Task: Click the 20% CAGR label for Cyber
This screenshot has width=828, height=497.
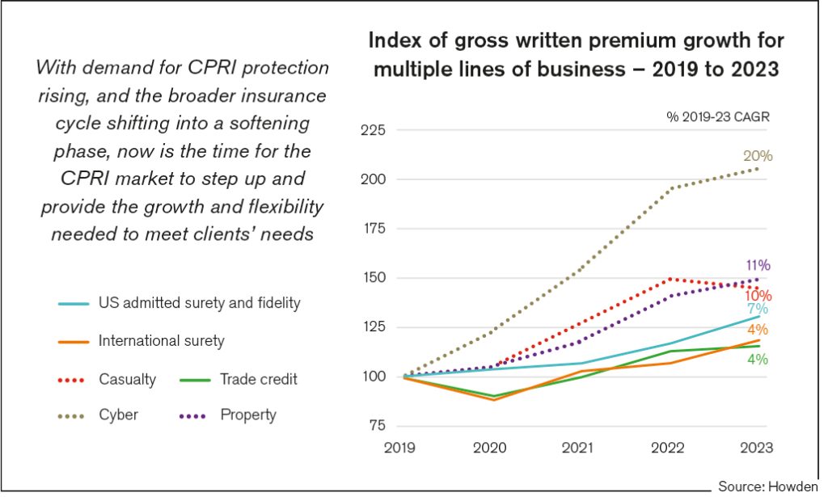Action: (758, 156)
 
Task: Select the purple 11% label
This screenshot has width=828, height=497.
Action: (758, 265)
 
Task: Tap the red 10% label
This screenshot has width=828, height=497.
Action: (758, 296)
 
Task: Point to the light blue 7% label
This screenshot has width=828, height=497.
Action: (758, 309)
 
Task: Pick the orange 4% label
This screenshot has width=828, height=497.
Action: (758, 330)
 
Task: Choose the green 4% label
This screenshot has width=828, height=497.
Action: (758, 359)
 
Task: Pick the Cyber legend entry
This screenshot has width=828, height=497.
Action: (119, 415)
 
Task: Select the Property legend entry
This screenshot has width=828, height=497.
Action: (248, 415)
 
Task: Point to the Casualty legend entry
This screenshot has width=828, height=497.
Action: (127, 379)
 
